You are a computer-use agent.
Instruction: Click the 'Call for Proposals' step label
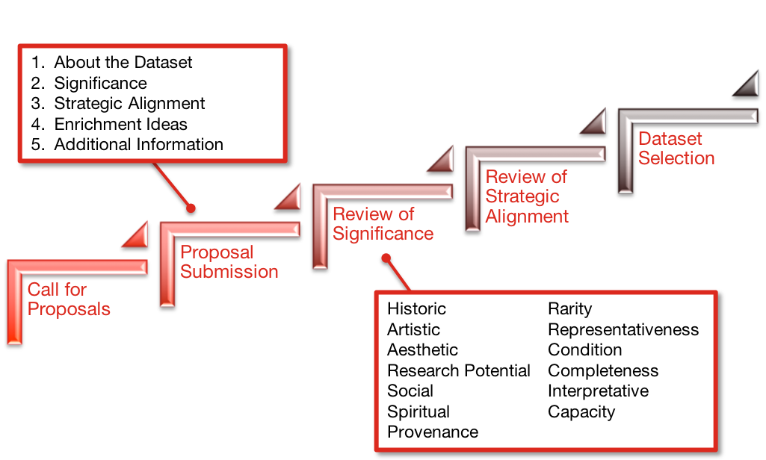[69, 299]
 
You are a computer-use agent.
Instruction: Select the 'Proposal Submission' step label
[229, 262]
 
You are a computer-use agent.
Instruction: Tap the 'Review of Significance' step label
[383, 224]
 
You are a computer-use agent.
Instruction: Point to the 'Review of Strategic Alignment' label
[526, 196]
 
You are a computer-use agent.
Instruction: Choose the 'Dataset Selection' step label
[676, 149]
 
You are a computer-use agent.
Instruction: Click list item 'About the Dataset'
[123, 63]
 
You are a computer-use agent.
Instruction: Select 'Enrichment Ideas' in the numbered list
[120, 124]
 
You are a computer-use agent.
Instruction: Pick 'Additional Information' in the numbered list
[138, 145]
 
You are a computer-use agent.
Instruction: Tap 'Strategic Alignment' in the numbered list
[129, 104]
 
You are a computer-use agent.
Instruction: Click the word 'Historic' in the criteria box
[416, 309]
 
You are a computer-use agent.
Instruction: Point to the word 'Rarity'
[569, 309]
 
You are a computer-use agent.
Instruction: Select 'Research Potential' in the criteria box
[458, 371]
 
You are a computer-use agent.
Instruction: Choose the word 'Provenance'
[433, 432]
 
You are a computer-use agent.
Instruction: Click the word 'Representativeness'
[623, 330]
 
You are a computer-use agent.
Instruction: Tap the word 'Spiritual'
[418, 412]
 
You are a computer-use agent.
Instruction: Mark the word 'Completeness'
[603, 371]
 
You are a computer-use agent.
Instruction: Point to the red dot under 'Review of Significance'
[386, 258]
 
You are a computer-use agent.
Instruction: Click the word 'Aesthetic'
[422, 350]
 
